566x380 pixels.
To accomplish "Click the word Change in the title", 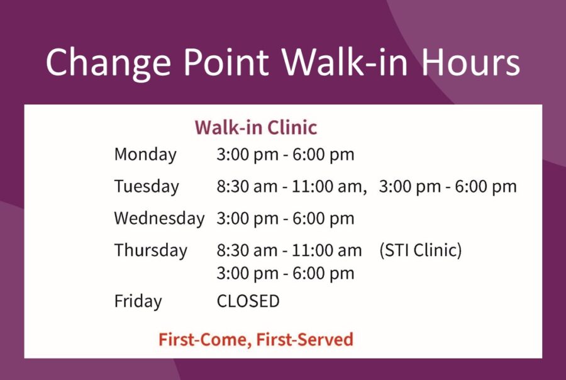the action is click(108, 63).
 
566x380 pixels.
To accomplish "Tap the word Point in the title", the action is click(226, 62).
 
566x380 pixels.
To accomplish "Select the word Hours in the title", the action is click(470, 62).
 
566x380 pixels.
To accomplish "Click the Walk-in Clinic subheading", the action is click(256, 128).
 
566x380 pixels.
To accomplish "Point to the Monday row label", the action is click(145, 155).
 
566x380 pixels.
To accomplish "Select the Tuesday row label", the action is click(147, 187).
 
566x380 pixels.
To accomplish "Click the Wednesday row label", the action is click(159, 218).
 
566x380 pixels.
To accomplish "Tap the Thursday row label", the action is click(151, 250).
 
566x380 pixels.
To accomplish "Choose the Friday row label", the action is click(138, 301).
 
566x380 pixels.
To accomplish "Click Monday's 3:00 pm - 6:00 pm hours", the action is click(286, 155).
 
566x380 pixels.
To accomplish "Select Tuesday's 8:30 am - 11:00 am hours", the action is click(289, 187).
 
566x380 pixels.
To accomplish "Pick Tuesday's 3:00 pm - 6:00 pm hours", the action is click(448, 187).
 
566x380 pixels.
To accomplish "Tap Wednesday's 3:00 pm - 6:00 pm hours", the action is click(286, 218).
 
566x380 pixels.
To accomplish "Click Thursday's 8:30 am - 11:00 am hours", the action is click(289, 250).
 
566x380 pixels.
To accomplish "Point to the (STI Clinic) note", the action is click(421, 250).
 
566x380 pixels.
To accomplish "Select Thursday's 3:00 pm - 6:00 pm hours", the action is click(286, 273).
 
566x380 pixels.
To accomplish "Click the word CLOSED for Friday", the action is click(248, 301).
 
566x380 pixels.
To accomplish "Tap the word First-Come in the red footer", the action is click(205, 340).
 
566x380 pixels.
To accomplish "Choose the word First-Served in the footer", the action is click(304, 340).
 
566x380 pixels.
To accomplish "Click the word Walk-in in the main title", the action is click(345, 62).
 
